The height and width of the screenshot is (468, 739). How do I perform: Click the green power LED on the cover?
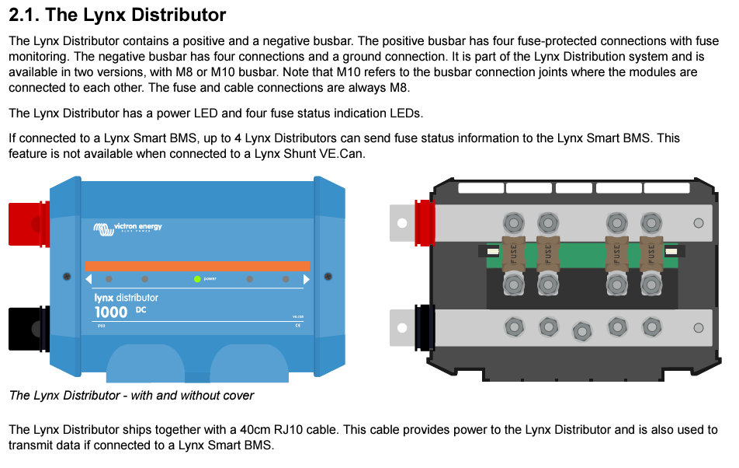coord(197,278)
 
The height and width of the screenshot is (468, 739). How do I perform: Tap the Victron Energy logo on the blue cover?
coord(128,228)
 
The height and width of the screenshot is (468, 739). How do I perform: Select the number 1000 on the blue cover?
coord(111,313)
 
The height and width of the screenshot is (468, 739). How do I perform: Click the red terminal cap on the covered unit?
coord(28,224)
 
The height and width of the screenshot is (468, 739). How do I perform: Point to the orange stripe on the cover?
coord(197,266)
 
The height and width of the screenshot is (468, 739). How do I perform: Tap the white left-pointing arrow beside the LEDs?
coord(88,279)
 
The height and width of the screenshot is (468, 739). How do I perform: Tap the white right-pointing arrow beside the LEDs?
coord(307,279)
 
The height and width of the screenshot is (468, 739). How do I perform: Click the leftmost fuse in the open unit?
coord(512,253)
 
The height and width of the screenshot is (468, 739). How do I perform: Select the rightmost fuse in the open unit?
coord(651,253)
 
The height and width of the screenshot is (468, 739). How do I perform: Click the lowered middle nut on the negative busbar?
coord(581,330)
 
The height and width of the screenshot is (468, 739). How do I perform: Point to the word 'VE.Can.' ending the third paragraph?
coord(339,153)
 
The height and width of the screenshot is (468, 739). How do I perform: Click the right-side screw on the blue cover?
coord(328,276)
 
